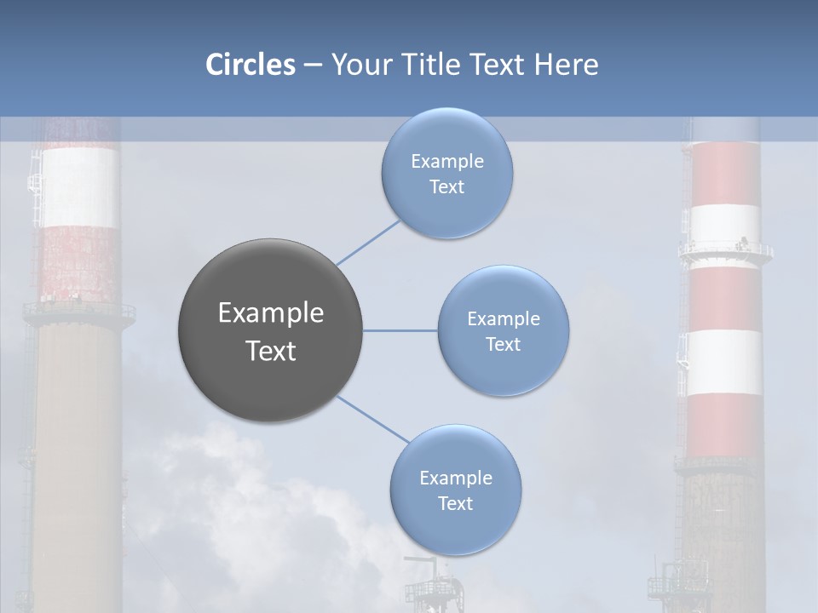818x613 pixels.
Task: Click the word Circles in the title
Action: (x=250, y=65)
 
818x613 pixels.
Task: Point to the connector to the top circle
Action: (x=368, y=242)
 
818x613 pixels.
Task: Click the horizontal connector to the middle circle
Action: (x=400, y=330)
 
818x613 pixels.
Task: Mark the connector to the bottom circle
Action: (x=373, y=419)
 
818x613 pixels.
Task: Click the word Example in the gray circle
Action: (x=271, y=313)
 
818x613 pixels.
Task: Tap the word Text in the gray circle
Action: (x=271, y=351)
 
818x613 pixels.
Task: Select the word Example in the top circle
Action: (x=447, y=162)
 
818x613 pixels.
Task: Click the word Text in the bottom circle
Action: (x=456, y=504)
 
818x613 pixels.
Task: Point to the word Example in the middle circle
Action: (x=504, y=319)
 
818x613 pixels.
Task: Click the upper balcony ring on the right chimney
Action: (x=725, y=251)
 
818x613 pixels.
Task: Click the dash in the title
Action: (x=313, y=66)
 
